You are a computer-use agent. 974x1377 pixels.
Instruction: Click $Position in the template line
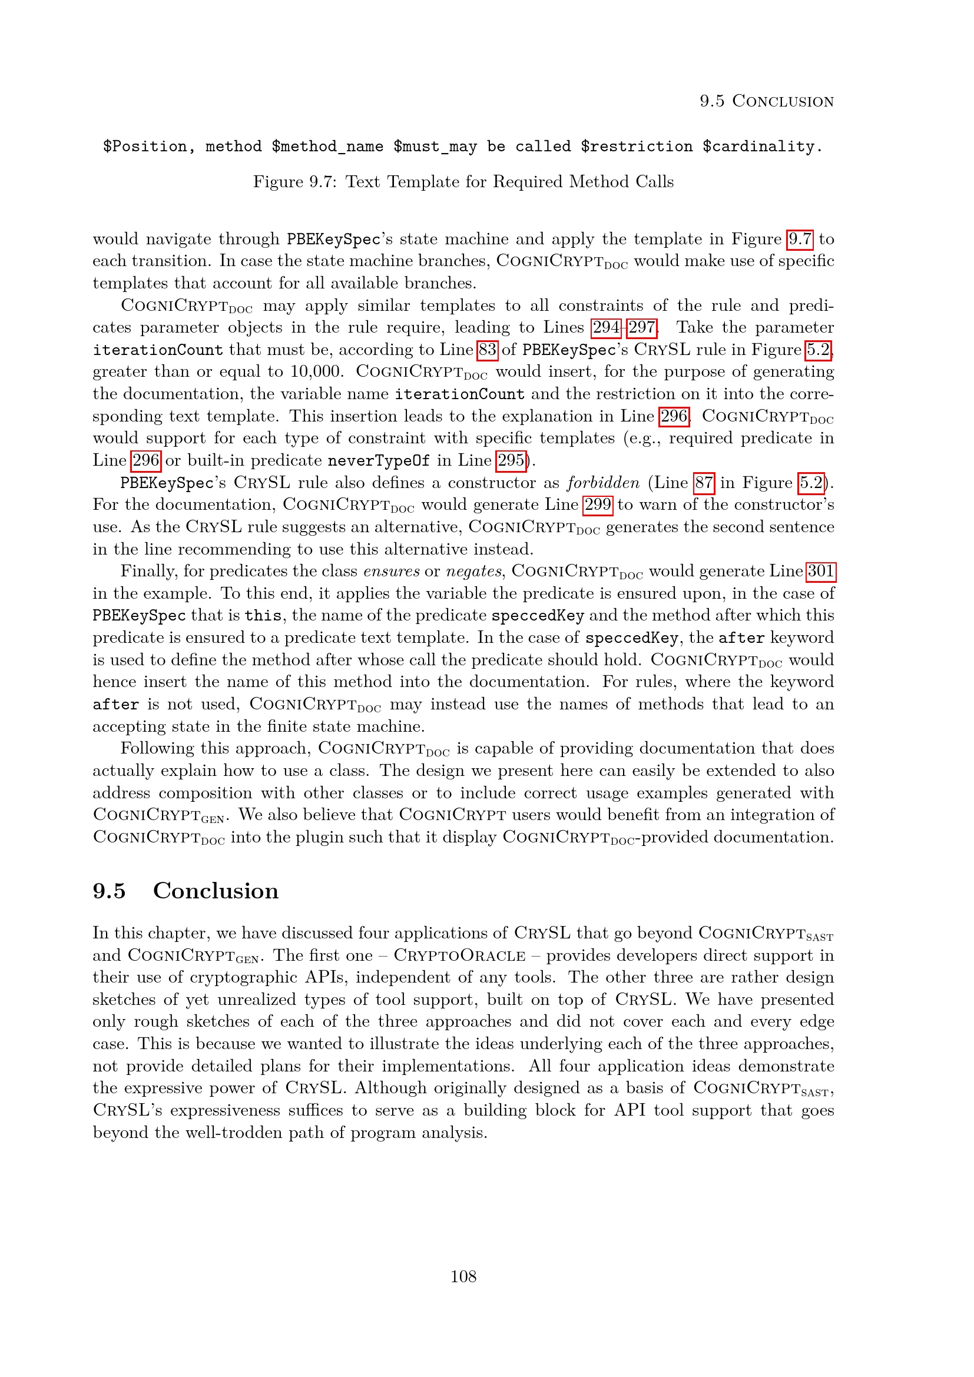tap(144, 147)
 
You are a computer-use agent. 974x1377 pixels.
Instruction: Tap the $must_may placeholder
tap(435, 147)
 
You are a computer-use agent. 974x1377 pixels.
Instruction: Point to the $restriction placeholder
tap(637, 147)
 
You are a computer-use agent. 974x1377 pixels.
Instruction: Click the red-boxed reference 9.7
tap(800, 239)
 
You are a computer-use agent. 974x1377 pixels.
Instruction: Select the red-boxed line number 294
tap(606, 327)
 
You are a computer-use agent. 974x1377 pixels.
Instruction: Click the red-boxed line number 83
tap(487, 350)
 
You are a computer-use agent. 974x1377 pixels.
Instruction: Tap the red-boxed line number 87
tap(704, 483)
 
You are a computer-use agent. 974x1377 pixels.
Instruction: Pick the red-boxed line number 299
tap(597, 505)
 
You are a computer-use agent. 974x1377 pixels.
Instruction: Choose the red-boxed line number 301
tap(820, 571)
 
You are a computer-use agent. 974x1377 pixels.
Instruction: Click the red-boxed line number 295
tap(511, 460)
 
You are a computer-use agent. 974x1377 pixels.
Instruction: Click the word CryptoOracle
tap(459, 955)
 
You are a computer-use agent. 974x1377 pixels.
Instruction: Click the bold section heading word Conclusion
tap(216, 891)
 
